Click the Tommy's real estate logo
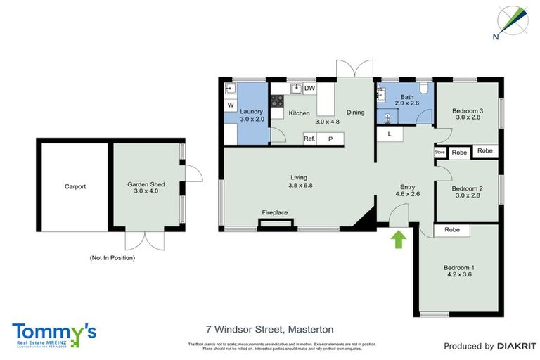pos(53,334)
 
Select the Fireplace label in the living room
pos(275,212)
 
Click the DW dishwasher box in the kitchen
pos(309,88)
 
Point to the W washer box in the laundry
pos(230,105)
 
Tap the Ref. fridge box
pos(309,139)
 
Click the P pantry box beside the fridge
pos(330,139)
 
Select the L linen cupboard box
pos(389,134)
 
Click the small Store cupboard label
pos(440,152)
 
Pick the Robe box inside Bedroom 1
pos(452,229)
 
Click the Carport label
pos(75,186)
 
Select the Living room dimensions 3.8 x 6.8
pos(301,186)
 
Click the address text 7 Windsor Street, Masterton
pos(269,329)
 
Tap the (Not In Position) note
pos(112,258)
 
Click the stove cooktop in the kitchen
pos(278,101)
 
